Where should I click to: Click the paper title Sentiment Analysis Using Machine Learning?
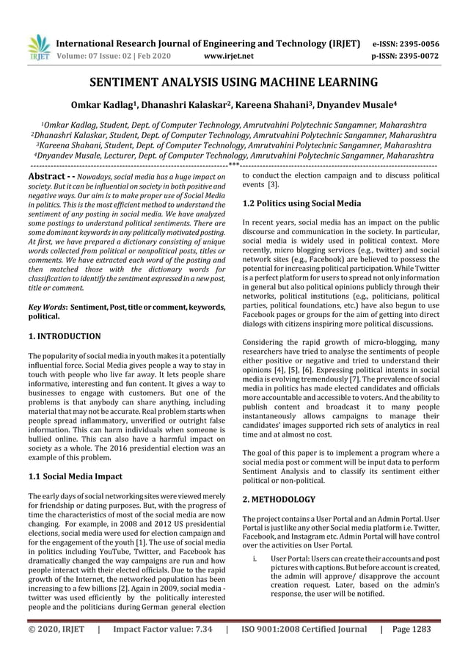coord(233,81)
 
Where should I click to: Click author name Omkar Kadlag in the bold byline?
coord(124,105)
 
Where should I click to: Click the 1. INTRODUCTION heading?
coord(65,336)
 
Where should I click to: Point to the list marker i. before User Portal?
coord(254,559)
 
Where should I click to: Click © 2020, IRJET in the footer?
coord(56,629)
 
